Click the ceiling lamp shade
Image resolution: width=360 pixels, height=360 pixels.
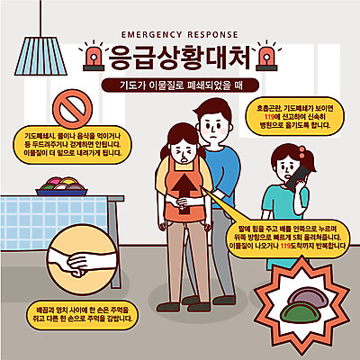37,58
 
